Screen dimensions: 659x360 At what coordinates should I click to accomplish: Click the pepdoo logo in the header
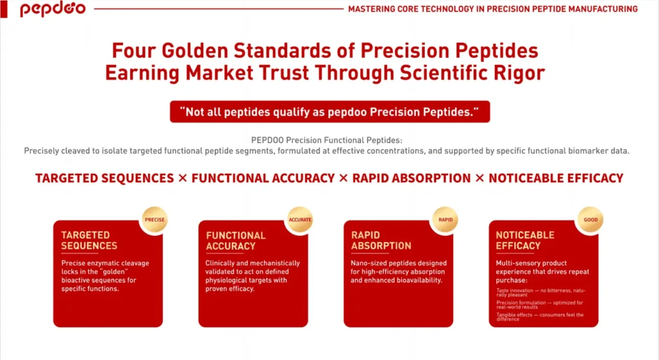[53, 9]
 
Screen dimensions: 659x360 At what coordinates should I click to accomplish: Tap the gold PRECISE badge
[154, 220]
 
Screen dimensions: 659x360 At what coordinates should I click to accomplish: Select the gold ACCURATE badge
[300, 220]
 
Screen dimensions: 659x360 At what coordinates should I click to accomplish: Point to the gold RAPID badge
[445, 220]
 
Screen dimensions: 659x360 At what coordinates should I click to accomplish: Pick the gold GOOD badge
[591, 220]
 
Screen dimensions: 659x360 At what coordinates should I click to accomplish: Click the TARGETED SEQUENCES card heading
[89, 241]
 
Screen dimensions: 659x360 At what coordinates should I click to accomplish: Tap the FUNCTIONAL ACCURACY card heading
[236, 241]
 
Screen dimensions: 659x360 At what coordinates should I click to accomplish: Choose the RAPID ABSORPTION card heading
[381, 241]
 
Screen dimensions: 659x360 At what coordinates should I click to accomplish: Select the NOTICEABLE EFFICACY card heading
[525, 241]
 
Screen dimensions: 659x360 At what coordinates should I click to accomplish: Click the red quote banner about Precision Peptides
[330, 112]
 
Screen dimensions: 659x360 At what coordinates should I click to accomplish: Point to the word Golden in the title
[194, 51]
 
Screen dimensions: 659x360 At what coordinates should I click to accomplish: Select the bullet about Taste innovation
[541, 292]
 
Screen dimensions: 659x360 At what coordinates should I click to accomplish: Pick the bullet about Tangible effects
[540, 317]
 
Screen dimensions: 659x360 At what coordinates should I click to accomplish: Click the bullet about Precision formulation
[540, 305]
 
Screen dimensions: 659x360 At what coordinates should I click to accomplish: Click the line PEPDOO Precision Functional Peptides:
[326, 140]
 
